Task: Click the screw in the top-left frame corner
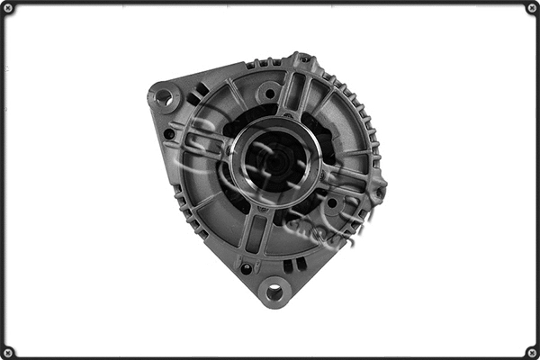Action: (8, 8)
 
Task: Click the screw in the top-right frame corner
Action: (531, 8)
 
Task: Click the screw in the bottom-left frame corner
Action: (8, 351)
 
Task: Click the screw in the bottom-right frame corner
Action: (531, 351)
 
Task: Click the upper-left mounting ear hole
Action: (163, 95)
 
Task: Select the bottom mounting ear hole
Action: (273, 291)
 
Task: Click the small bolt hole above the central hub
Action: (267, 93)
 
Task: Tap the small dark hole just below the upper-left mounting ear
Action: (169, 134)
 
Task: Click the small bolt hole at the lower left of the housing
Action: (246, 267)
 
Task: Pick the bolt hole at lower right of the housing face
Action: (332, 203)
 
